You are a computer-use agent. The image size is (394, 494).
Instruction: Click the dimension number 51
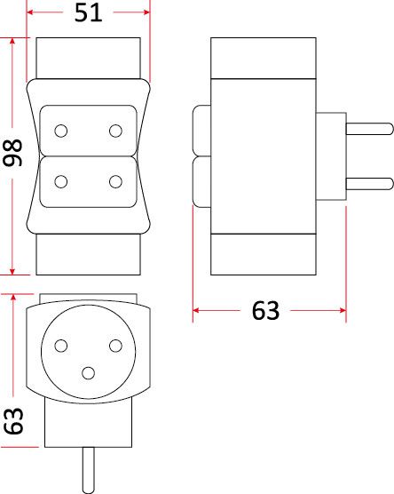point(89,12)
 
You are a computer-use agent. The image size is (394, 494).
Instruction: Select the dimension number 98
point(12,153)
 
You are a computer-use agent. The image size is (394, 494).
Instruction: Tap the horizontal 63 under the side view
point(265,311)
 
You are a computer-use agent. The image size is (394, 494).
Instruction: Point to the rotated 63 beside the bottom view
point(13,421)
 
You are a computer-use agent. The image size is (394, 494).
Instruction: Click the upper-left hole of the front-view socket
point(60,131)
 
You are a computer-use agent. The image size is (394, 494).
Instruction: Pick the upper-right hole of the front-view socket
point(115,131)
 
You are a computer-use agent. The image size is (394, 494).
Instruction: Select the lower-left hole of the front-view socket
point(60,182)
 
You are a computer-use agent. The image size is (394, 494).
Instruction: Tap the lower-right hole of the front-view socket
point(115,182)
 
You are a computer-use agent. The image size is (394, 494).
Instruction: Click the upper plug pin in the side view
point(370,129)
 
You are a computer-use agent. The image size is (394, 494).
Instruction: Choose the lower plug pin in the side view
point(370,184)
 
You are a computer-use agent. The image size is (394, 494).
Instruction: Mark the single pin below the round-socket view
point(89,470)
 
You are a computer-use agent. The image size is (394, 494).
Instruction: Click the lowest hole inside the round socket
point(88,373)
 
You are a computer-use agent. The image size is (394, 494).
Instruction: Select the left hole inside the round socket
point(60,346)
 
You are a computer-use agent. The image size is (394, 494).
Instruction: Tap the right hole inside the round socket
point(115,346)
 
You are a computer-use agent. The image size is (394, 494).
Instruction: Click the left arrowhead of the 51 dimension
point(30,12)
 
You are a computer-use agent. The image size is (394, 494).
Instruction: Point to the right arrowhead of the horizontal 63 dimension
point(343,311)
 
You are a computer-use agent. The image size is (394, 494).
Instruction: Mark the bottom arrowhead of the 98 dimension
point(12,271)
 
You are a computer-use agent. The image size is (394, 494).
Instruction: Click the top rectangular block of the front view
point(89,59)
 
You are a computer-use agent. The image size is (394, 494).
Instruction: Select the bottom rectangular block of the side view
point(264,254)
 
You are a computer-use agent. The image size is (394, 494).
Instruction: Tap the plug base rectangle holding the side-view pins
point(331,156)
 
